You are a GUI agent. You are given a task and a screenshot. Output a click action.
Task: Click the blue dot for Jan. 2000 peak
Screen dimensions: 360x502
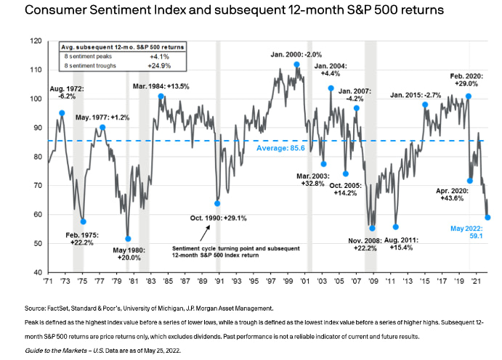click(x=296, y=64)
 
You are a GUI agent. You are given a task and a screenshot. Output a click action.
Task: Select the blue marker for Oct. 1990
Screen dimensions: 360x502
click(x=216, y=203)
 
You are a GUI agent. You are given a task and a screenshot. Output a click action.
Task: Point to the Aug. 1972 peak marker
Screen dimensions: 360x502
click(x=62, y=113)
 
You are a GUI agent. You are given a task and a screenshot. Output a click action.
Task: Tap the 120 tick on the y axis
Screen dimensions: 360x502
click(x=36, y=41)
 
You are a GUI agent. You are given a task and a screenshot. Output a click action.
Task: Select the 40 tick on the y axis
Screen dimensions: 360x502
click(x=36, y=272)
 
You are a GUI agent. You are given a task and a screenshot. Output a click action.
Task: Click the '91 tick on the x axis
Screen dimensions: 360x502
click(x=219, y=281)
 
